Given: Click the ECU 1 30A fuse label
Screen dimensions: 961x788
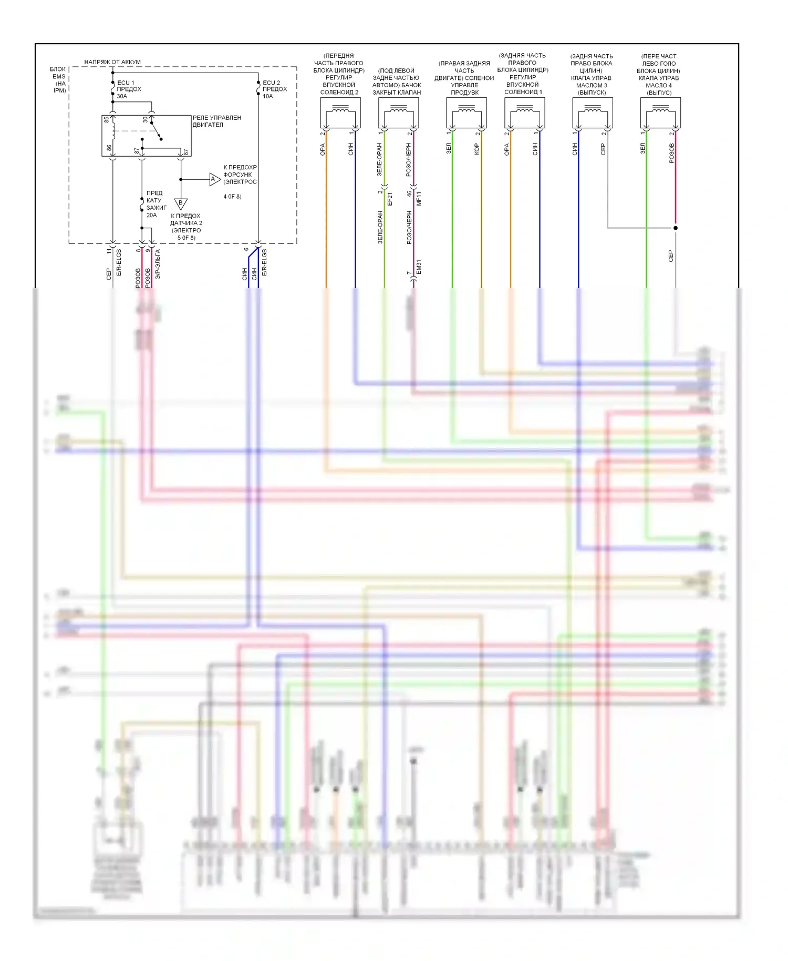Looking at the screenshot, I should pos(128,89).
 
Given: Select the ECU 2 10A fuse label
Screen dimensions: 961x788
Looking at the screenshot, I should pos(274,89).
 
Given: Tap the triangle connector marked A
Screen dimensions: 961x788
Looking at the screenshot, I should pos(214,179).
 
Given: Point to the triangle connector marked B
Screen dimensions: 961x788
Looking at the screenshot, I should pos(181,203).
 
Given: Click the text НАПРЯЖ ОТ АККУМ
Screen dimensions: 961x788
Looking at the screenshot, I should pos(112,62).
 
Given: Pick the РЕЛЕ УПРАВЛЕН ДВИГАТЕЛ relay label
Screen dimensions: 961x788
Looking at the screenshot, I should pos(216,121).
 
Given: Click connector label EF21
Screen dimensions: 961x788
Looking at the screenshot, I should pos(390,199).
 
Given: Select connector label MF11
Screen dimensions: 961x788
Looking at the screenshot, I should pos(419,199).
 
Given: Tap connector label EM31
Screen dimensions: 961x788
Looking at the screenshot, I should pos(419,267).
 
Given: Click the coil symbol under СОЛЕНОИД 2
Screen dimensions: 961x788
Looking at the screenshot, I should pos(340,110).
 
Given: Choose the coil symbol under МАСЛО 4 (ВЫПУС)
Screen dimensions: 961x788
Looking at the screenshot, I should pos(660,110).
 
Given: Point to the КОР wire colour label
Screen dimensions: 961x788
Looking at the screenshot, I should pos(476,149).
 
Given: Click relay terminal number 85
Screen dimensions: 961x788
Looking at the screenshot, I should pos(107,120).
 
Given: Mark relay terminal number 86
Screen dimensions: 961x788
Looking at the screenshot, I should pos(109,149).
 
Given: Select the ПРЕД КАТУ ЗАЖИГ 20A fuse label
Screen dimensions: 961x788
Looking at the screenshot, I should pos(155,204).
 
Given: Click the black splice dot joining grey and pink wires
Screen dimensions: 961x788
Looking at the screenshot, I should pos(676,228).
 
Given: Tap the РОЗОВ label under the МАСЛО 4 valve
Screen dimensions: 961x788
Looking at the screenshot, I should pos(671,153).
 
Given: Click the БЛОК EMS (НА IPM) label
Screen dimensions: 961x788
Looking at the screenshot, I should pos(58,79).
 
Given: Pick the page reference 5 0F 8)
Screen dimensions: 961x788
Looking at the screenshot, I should pos(186,238).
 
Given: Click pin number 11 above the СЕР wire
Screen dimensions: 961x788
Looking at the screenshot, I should pos(109,251).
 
